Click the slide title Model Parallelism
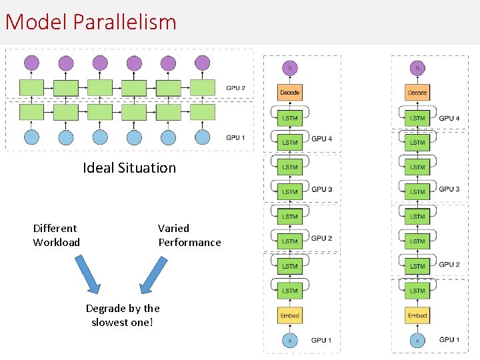coord(91,22)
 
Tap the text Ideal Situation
coord(129,168)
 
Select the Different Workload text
coord(56,235)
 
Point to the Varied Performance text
coord(189,235)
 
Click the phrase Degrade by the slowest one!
coord(123,315)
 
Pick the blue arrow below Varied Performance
coord(153,275)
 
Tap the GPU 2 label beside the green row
coord(235,88)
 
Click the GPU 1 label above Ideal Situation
coord(235,138)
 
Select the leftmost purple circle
coord(32,63)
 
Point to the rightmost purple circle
coord(202,63)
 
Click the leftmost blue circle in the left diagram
coord(32,137)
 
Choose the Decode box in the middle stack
coord(290,93)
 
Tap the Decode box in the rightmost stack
coord(417,93)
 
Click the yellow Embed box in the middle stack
coord(290,315)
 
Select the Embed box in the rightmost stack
coord(417,315)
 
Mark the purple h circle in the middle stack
coord(290,68)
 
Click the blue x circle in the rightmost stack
coord(417,340)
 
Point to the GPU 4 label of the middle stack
coord(321,139)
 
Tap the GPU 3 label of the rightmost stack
coord(449,189)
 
